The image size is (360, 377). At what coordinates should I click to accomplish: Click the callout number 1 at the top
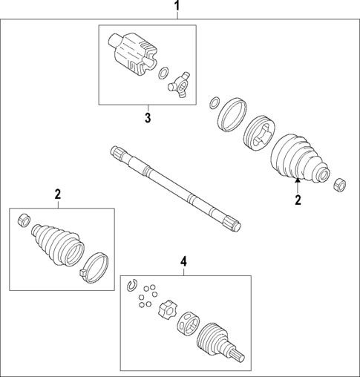pyautogui.click(x=177, y=6)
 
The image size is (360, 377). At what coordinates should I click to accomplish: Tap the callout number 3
pyautogui.click(x=148, y=118)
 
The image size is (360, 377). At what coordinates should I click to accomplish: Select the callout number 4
pyautogui.click(x=183, y=262)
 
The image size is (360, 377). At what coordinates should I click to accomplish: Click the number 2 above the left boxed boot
pyautogui.click(x=58, y=194)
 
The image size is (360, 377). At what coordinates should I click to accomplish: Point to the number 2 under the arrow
pyautogui.click(x=298, y=200)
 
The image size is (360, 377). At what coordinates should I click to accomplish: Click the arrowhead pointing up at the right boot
pyautogui.click(x=298, y=180)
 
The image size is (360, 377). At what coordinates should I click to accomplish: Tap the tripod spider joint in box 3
pyautogui.click(x=179, y=85)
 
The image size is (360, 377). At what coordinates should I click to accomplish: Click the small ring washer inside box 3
pyautogui.click(x=163, y=73)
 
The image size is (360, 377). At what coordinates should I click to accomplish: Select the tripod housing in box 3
pyautogui.click(x=133, y=53)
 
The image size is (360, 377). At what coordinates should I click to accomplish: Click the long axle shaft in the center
pyautogui.click(x=175, y=189)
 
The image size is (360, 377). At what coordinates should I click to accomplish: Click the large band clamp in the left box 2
pyautogui.click(x=95, y=268)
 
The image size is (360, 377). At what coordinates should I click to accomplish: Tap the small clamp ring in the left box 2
pyautogui.click(x=24, y=220)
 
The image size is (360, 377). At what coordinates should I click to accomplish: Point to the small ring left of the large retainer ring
pyautogui.click(x=215, y=102)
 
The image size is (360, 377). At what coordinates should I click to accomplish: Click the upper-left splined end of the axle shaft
pyautogui.click(x=117, y=151)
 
